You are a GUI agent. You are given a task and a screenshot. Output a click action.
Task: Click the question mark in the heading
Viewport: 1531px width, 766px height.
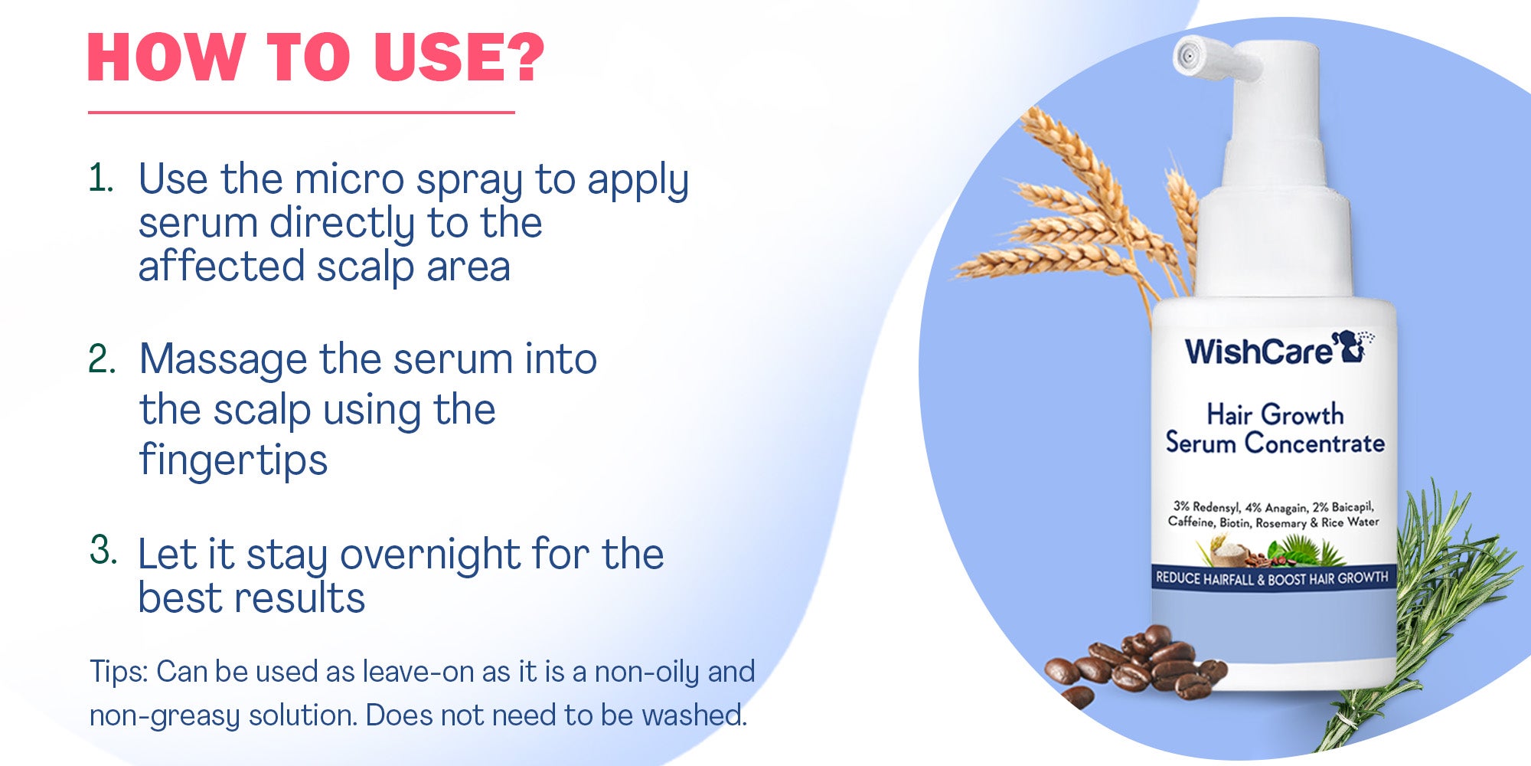(527, 57)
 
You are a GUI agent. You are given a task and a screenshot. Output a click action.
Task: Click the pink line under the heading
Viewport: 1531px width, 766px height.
(302, 113)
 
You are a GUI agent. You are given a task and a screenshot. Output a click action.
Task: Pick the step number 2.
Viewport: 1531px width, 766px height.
(103, 358)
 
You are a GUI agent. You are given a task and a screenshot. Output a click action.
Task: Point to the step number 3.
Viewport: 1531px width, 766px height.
(103, 549)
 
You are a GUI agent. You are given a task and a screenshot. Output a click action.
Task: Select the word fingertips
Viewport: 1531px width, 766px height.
(234, 460)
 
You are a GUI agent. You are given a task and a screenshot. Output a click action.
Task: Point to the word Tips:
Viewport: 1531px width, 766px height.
(119, 672)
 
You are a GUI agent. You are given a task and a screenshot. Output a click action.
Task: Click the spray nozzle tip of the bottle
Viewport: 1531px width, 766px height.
(1188, 56)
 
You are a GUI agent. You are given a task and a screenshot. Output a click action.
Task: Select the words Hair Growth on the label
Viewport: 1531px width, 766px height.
(1275, 414)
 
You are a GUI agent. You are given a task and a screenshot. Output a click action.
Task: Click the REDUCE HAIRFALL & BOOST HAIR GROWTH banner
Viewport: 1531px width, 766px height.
(1271, 578)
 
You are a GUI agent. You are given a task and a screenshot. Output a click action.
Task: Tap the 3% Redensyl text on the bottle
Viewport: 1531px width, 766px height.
(1206, 506)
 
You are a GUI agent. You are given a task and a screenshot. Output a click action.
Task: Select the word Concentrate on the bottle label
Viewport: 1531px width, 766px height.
(1314, 444)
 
